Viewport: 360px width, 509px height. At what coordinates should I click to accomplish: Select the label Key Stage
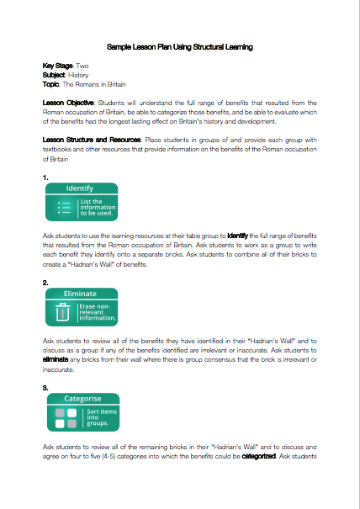[x=58, y=65]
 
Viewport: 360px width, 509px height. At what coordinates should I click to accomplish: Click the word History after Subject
[x=78, y=74]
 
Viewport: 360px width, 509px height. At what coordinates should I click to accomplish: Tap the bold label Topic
[x=51, y=83]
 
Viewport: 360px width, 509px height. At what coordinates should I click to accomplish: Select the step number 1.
[x=45, y=178]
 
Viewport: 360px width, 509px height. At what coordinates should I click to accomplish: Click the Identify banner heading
[x=80, y=188]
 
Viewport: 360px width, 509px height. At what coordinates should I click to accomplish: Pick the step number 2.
[x=45, y=283]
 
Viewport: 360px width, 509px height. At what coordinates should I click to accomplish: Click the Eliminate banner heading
[x=80, y=293]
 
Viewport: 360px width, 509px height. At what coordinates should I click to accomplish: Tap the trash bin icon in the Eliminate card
[x=61, y=313]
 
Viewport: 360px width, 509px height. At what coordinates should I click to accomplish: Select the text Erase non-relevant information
[x=97, y=313]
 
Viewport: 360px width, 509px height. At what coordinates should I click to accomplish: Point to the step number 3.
[x=45, y=388]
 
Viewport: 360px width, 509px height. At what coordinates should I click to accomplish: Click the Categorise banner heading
[x=82, y=398]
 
